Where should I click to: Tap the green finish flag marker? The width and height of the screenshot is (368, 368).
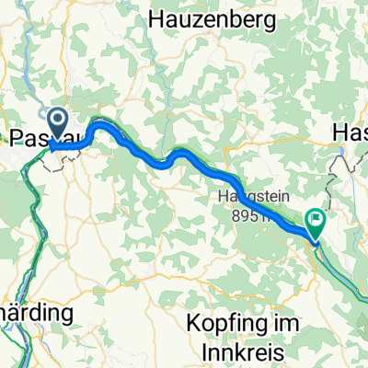point(316,221)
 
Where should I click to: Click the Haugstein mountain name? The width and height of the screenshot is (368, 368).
point(248,197)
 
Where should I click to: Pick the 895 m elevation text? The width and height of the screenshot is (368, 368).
point(248,215)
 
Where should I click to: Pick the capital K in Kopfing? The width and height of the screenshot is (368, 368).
point(191,324)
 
